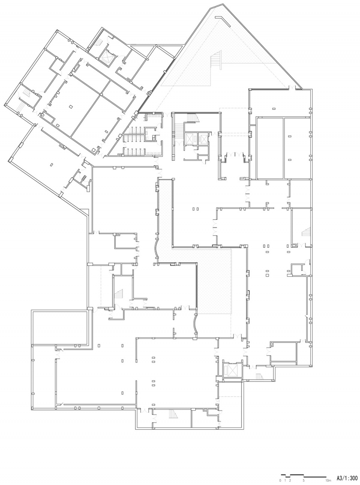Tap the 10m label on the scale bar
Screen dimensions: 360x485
(328, 481)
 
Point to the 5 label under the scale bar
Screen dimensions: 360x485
(304, 481)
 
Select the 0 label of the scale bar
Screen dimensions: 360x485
(280, 481)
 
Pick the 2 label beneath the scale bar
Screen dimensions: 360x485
(290, 481)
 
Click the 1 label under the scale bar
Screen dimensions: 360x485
(285, 481)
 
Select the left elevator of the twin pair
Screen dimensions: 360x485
(188, 138)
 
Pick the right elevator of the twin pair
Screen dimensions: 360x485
(204, 138)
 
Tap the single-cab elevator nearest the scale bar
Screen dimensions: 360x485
(232, 370)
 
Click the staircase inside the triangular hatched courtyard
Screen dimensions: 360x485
(216, 59)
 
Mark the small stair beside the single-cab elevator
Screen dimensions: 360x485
(259, 376)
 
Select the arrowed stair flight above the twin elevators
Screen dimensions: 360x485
(193, 118)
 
